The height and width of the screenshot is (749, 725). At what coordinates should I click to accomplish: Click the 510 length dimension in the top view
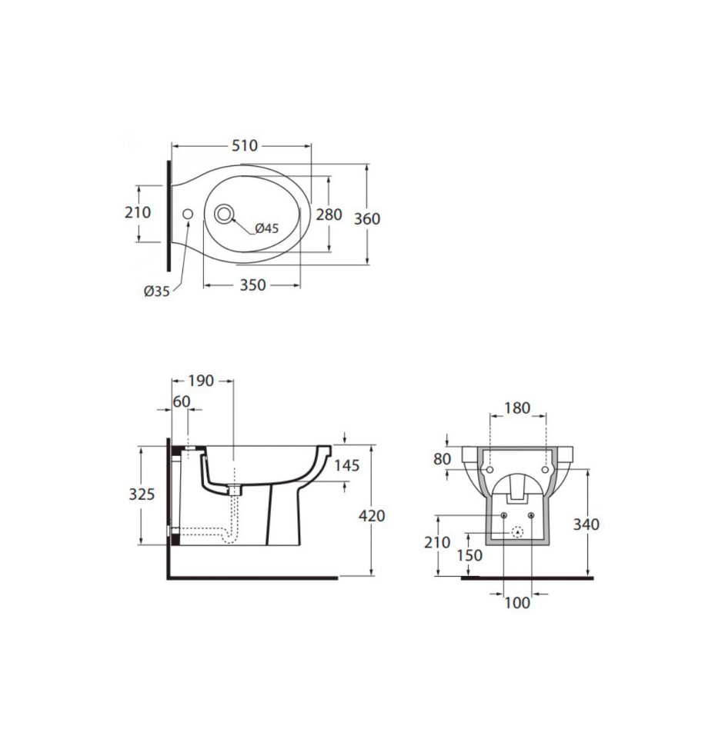(x=245, y=145)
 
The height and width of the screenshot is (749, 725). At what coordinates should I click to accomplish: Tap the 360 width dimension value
(x=367, y=218)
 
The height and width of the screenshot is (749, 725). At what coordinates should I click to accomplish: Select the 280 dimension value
(x=329, y=215)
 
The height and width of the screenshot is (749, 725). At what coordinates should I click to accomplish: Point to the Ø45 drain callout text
(x=267, y=228)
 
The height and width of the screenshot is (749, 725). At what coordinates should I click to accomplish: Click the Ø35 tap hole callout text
(x=157, y=291)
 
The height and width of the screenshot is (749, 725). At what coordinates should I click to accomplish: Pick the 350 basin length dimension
(x=252, y=285)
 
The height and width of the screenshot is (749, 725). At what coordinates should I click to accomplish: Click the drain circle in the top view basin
(x=224, y=214)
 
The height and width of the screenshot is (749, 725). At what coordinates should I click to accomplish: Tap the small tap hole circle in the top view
(x=188, y=214)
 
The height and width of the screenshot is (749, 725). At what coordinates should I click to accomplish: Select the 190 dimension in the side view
(x=201, y=381)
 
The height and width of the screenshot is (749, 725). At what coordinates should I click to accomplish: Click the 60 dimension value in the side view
(x=182, y=401)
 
